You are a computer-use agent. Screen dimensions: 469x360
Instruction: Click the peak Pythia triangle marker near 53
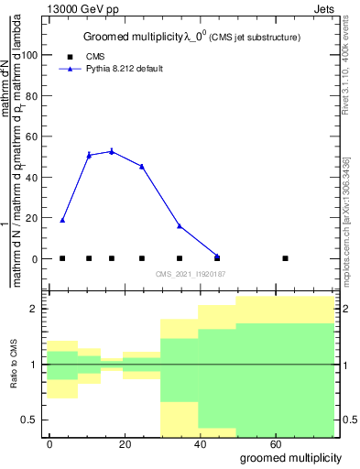(112, 151)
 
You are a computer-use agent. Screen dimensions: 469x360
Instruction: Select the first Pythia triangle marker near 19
(62, 220)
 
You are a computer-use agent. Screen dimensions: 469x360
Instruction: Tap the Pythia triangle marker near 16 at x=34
(180, 225)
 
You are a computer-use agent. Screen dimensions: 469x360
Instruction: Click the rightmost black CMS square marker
(286, 258)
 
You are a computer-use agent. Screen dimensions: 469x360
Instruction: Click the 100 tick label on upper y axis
(31, 55)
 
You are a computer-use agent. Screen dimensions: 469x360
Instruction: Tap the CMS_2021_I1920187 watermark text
(190, 273)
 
